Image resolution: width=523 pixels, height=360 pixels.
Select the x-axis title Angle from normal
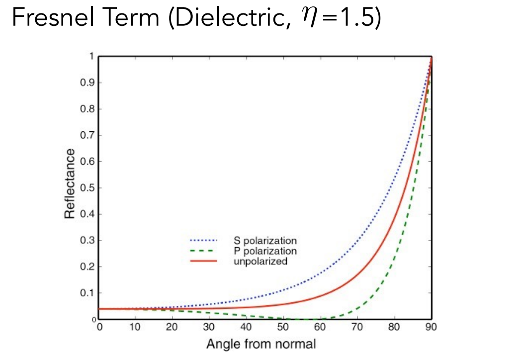coord(261,344)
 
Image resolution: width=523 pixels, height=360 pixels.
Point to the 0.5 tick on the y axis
coord(87,188)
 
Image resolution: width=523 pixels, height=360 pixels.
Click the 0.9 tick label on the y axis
coord(87,83)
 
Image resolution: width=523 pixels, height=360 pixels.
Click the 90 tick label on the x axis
coord(431,328)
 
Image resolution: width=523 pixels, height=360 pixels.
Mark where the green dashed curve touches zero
coord(303,319)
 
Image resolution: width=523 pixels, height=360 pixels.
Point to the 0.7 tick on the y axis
coord(87,135)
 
